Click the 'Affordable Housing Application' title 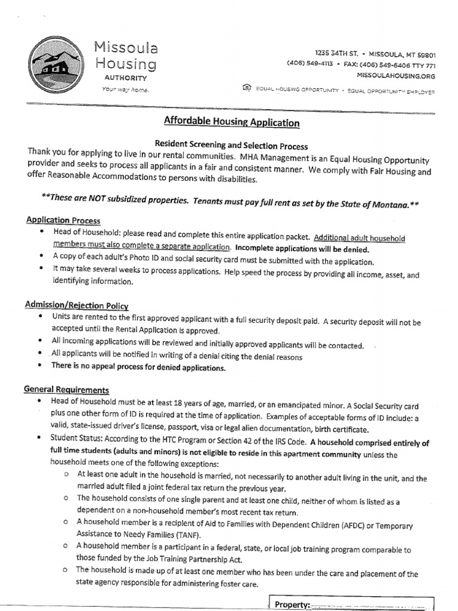click(231, 123)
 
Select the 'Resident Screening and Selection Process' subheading click(231, 145)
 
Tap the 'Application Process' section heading click(63, 221)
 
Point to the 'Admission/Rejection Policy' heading click(76, 305)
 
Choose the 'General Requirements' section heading click(66, 389)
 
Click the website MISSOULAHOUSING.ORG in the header click(396, 76)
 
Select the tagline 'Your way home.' click(125, 90)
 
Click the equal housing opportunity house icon click(247, 88)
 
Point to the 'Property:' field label click(292, 604)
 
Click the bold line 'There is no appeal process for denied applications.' click(138, 368)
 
